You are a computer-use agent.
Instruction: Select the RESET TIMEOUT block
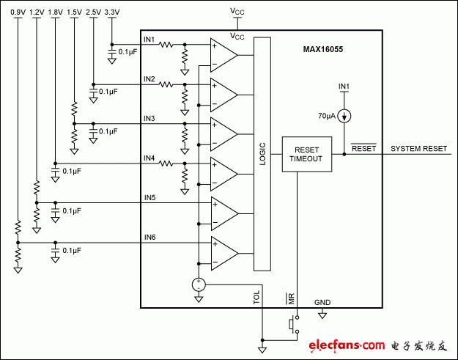[x=304, y=153]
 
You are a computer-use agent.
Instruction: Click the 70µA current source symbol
[x=344, y=115]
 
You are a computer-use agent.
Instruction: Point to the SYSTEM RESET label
[x=418, y=148]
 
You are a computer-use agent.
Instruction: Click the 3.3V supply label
[x=111, y=13]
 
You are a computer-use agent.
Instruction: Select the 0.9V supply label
[x=18, y=13]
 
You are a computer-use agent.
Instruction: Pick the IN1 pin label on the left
[x=149, y=39]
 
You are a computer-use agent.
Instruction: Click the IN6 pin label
[x=149, y=237]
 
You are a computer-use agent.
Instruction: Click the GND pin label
[x=322, y=301]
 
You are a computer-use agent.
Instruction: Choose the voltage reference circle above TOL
[x=198, y=284]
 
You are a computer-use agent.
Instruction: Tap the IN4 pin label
[x=149, y=158]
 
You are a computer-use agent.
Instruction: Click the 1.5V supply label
[x=74, y=13]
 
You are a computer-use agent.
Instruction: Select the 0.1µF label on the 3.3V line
[x=128, y=52]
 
